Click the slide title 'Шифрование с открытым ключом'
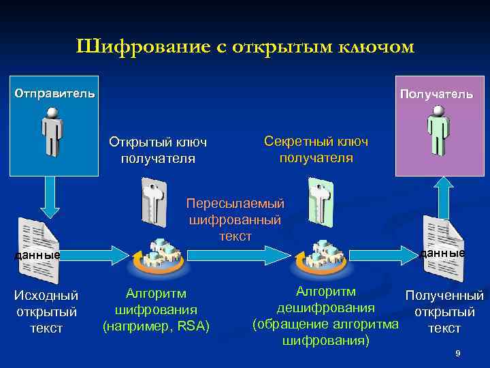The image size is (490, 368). (245, 47)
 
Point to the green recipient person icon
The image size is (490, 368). (439, 134)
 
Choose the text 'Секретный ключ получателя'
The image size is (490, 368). (316, 149)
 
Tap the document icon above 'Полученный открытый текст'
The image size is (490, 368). (443, 242)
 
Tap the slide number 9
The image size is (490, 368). (458, 353)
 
